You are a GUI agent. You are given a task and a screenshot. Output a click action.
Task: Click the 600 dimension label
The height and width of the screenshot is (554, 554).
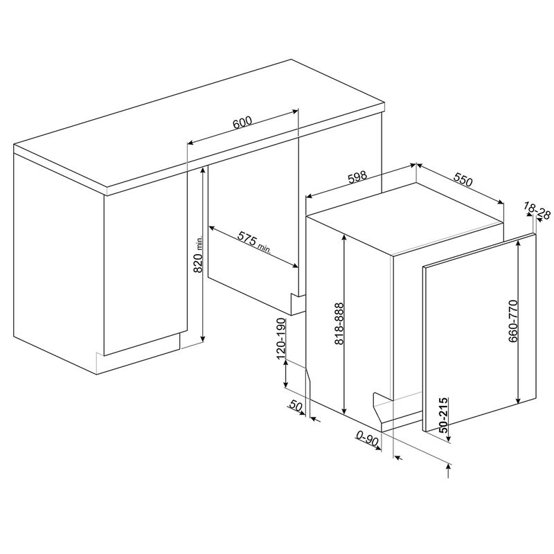(x=241, y=123)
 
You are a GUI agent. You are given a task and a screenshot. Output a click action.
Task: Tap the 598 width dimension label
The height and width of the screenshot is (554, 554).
(x=357, y=177)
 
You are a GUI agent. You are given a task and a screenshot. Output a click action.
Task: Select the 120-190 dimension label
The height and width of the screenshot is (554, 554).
(x=281, y=340)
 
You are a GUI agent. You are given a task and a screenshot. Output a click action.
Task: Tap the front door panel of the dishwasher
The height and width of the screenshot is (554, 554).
(x=478, y=332)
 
